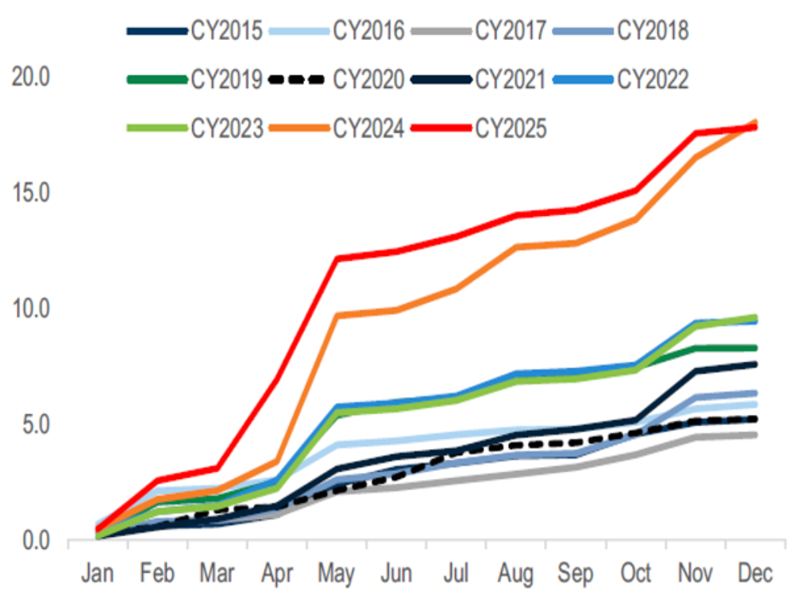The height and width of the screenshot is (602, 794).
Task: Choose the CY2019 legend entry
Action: [x=225, y=79]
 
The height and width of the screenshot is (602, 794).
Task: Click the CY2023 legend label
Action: [x=225, y=128]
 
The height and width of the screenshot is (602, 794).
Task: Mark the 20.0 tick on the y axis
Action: [x=30, y=78]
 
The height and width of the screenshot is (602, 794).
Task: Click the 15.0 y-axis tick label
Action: [x=30, y=194]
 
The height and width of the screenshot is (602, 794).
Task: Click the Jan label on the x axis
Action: [x=98, y=573]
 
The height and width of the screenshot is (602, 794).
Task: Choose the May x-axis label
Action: [x=337, y=573]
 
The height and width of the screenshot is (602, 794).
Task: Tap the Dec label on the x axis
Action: [x=755, y=573]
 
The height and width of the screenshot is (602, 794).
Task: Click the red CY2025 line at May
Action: [x=337, y=259]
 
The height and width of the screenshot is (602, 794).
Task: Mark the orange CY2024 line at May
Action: [x=337, y=315]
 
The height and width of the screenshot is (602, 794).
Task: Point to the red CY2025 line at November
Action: [x=696, y=133]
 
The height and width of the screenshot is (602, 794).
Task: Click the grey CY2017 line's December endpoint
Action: [x=755, y=435]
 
